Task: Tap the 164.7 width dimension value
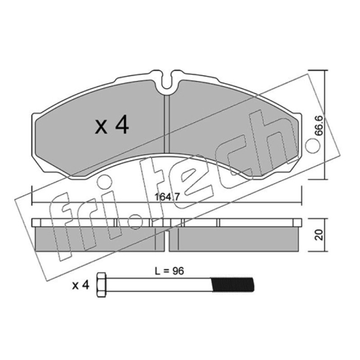pos(166,197)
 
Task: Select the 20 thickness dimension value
pos(319,235)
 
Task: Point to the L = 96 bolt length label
pos(170,271)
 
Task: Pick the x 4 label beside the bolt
pos(81,285)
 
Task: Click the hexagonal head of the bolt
pos(102,285)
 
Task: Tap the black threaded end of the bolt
pos(232,285)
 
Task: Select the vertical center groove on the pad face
pos(167,124)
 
